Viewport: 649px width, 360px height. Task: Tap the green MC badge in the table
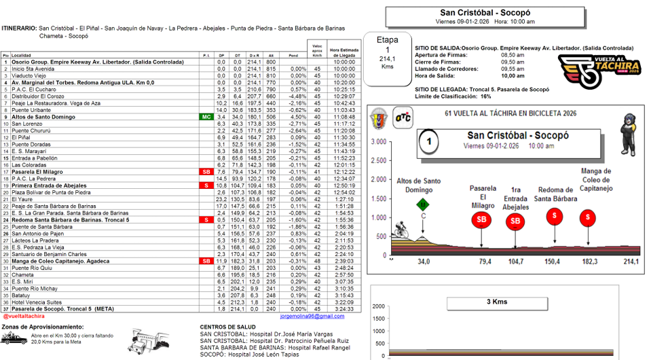pyautogui.click(x=206, y=117)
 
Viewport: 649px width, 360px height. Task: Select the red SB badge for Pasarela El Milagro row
pyautogui.click(x=206, y=172)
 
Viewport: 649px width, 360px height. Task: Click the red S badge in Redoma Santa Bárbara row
pyautogui.click(x=206, y=219)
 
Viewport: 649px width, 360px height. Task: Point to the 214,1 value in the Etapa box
pyautogui.click(x=387, y=59)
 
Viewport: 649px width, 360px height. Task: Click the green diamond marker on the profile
pyautogui.click(x=423, y=204)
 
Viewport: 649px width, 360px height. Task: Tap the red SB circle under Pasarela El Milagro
pyautogui.click(x=481, y=219)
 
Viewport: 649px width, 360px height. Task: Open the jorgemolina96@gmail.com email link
pyautogui.click(x=312, y=316)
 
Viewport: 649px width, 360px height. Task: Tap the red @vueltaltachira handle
pyautogui.click(x=24, y=316)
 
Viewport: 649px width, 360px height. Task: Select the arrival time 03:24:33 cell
pyautogui.click(x=344, y=308)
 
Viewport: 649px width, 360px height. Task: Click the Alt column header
pyautogui.click(x=271, y=55)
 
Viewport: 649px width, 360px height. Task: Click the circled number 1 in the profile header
pyautogui.click(x=429, y=143)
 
